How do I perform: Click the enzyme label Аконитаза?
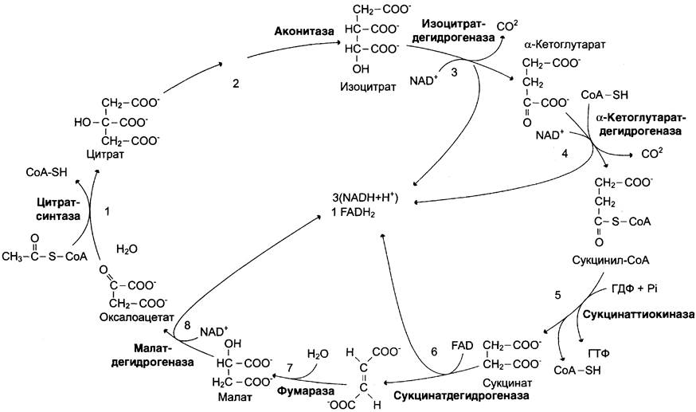[x=304, y=31]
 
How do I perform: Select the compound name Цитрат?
[x=106, y=155]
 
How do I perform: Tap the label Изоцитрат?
[x=368, y=86]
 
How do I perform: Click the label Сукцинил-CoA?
[x=610, y=261]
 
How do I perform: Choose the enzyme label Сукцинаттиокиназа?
[x=639, y=315]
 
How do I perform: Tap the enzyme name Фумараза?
[x=306, y=392]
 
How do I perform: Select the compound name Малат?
[x=235, y=397]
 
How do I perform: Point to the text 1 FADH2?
[x=354, y=214]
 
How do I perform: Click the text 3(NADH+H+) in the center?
[x=366, y=198]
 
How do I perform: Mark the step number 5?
[x=557, y=295]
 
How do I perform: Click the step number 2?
[x=236, y=83]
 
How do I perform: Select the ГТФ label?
[x=598, y=354]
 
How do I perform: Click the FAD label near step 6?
[x=463, y=345]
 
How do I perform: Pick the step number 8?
[x=187, y=325]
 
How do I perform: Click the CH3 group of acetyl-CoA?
[x=13, y=257]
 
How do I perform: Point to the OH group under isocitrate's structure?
[x=362, y=69]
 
